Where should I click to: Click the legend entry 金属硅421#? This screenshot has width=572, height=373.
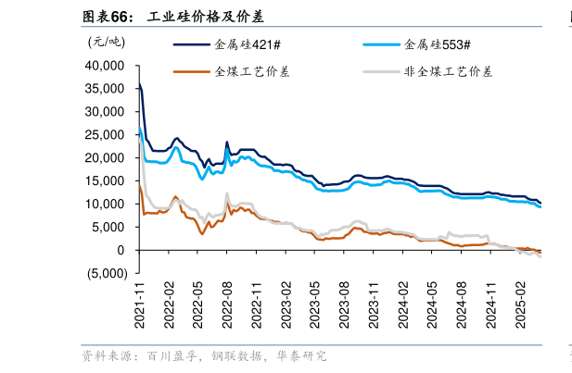(x=245, y=44)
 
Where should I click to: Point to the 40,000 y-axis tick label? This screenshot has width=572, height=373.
(x=105, y=66)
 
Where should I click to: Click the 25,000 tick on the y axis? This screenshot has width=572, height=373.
(x=105, y=135)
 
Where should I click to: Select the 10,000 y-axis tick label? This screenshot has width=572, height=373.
(x=105, y=204)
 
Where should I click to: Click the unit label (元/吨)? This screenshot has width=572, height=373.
(x=106, y=41)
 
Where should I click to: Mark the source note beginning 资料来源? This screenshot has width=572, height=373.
(x=204, y=355)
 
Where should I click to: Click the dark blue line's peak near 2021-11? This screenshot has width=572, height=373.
(x=139, y=82)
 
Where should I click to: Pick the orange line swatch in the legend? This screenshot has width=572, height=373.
(x=191, y=70)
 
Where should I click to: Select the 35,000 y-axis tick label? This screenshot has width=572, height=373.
(x=105, y=89)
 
